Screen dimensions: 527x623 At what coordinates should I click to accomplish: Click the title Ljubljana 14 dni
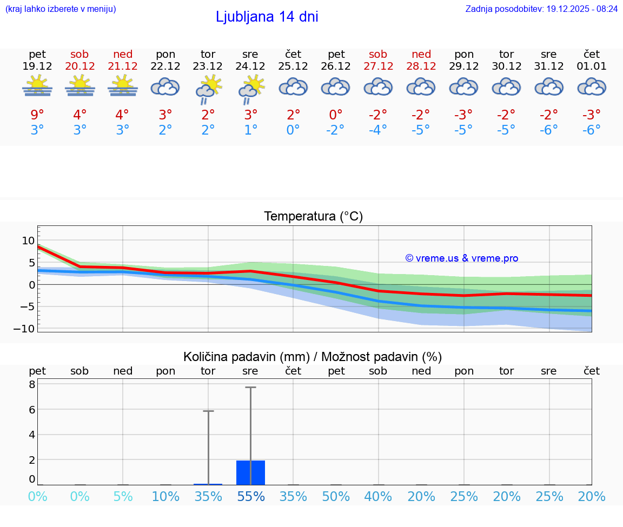click(x=267, y=17)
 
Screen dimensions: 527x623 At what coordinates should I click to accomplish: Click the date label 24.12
click(x=250, y=66)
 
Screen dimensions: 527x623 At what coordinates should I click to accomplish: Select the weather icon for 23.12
click(x=208, y=89)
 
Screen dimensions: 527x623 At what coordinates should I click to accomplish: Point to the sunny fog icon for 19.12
click(x=37, y=86)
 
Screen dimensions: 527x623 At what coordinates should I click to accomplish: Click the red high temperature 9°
click(x=37, y=115)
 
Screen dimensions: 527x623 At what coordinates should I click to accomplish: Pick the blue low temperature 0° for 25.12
click(x=293, y=130)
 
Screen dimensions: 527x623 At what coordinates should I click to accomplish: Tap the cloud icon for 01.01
click(x=592, y=86)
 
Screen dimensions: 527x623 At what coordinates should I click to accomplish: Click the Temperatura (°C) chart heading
click(x=313, y=217)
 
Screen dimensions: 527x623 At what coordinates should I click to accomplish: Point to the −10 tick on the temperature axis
click(x=28, y=329)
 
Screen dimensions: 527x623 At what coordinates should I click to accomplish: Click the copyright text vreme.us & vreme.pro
click(x=461, y=258)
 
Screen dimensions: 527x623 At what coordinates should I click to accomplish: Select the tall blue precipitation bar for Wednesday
click(x=250, y=472)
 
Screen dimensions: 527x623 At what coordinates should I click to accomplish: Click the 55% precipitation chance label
click(x=250, y=496)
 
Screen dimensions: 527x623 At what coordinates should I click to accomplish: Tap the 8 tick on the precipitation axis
click(x=32, y=384)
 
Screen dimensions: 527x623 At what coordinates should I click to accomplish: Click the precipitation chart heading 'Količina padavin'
click(x=313, y=357)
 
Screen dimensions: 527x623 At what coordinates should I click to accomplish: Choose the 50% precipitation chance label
click(x=336, y=496)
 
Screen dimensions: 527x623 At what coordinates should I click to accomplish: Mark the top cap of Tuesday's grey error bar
click(x=208, y=411)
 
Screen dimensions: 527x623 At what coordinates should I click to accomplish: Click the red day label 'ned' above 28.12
click(x=421, y=54)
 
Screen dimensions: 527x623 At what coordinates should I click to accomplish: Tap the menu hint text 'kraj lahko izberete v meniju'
click(x=60, y=9)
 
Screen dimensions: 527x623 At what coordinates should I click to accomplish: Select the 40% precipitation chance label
click(x=378, y=496)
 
